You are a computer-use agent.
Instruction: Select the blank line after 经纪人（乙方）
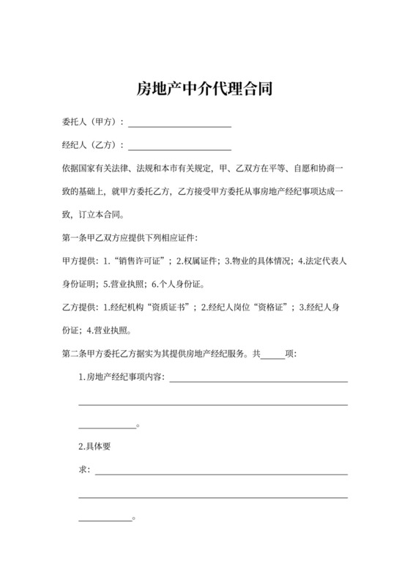(x=179, y=146)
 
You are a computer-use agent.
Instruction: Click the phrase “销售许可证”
(x=139, y=261)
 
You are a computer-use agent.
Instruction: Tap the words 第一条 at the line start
(x=74, y=237)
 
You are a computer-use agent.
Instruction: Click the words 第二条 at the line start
(x=74, y=354)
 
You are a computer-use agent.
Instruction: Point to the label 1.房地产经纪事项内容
(x=122, y=378)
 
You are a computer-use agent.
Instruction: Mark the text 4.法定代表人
(x=322, y=261)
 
